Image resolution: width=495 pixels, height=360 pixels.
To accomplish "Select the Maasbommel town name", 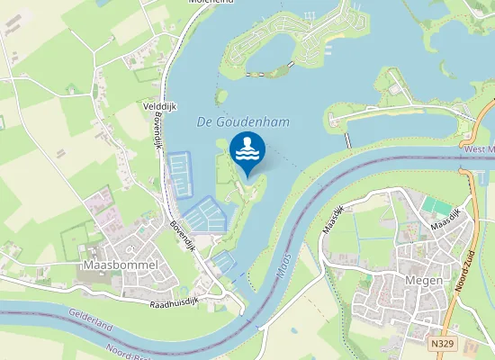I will pyautogui.click(x=120, y=265).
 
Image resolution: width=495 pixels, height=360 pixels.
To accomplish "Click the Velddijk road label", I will pyautogui.click(x=159, y=106).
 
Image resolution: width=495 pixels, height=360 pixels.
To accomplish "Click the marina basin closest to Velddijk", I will pyautogui.click(x=180, y=173).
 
